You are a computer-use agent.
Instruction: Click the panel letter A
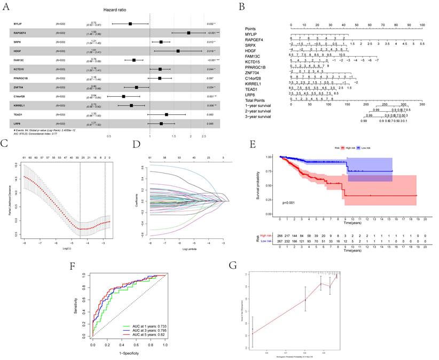click(7, 6)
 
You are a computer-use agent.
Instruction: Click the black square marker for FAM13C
click(134, 60)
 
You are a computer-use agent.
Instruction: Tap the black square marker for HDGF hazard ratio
click(178, 51)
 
